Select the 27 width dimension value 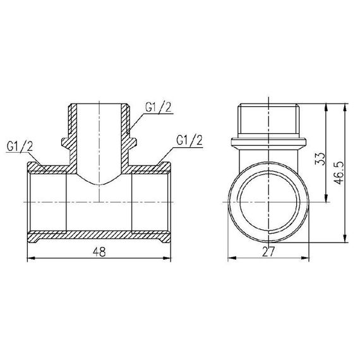point(270,251)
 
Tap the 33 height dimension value point(320,157)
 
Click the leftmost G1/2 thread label point(21,147)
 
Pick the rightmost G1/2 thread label point(189,139)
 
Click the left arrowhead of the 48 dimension point(29,258)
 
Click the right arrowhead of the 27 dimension point(309,258)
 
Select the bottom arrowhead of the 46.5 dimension point(345,241)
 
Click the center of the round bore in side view point(270,201)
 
